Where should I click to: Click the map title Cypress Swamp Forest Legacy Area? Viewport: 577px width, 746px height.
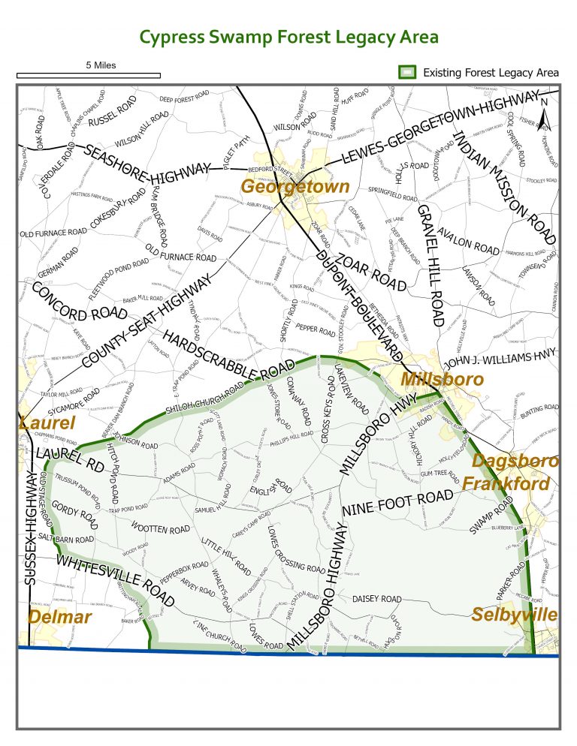[289, 38]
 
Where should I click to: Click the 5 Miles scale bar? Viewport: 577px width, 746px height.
[88, 74]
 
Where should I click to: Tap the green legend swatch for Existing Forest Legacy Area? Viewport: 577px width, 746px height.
[406, 73]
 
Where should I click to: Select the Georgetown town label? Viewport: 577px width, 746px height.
[295, 187]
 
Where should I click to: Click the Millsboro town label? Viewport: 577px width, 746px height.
[443, 379]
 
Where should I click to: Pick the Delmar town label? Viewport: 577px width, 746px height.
[59, 617]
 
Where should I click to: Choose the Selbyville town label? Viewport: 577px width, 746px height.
[515, 615]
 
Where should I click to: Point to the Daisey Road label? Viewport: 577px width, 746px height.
[377, 599]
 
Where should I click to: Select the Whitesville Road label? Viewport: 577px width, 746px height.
[116, 582]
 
